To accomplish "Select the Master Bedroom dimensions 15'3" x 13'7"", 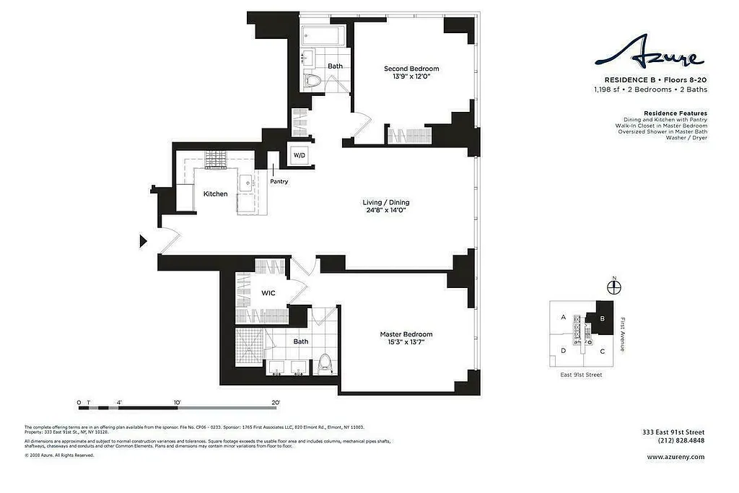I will pos(406,342).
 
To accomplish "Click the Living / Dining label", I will pos(385,203).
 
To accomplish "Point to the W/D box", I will pos(299,155).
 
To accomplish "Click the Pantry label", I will pos(279,182).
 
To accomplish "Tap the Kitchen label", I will pos(215,194).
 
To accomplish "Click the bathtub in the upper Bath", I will pos(323,35).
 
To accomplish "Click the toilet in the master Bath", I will pos(323,363).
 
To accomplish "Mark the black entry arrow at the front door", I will pos(143,241).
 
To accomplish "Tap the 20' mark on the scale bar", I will pos(275,402).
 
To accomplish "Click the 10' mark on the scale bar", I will pos(177,402).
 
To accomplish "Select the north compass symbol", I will pos(613,287).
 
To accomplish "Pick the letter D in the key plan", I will pos(563,351).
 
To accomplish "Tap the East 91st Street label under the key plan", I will pos(581,375).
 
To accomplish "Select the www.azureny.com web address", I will pos(675,456).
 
